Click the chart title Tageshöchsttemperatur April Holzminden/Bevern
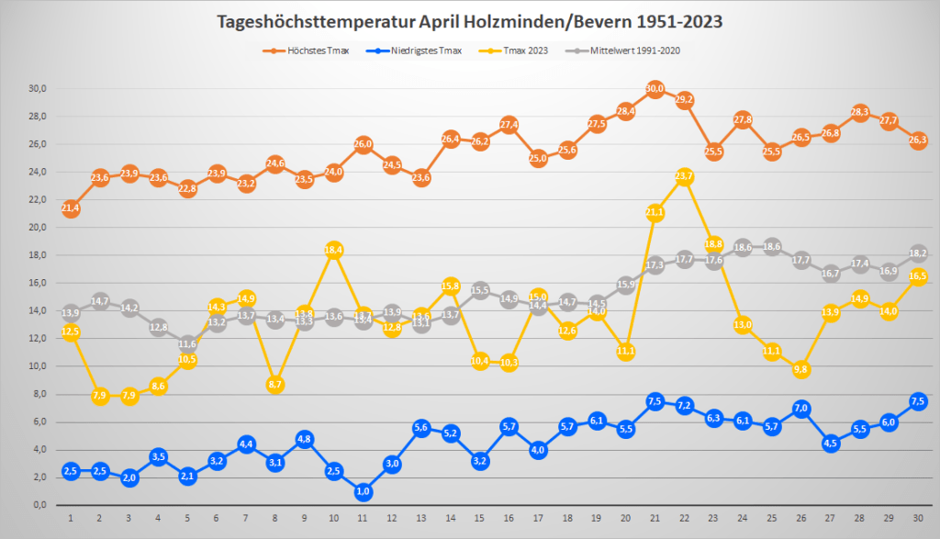click(470, 20)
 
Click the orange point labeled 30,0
click(655, 89)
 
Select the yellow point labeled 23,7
click(684, 176)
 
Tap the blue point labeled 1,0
click(363, 491)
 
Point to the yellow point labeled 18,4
click(333, 250)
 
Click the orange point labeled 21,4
click(71, 208)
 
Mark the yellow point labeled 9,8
click(800, 369)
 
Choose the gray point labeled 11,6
click(187, 344)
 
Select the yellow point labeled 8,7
click(274, 385)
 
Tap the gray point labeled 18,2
click(917, 253)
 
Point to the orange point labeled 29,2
click(684, 100)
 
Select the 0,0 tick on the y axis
click(39, 505)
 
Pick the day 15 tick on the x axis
click(479, 518)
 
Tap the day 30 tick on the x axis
click(917, 518)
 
